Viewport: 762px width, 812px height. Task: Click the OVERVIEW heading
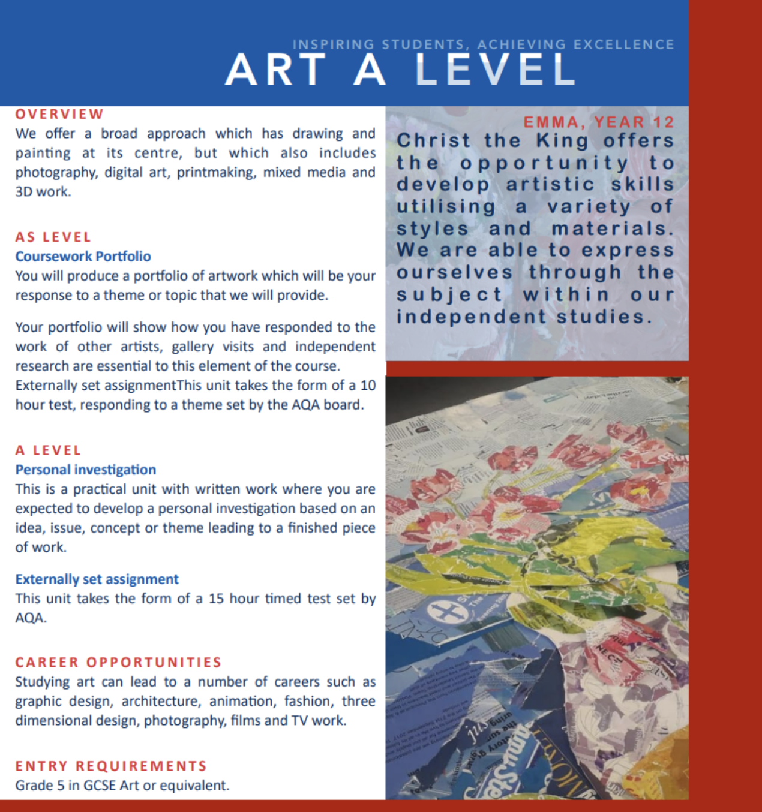click(59, 114)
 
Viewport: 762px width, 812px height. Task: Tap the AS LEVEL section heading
click(53, 237)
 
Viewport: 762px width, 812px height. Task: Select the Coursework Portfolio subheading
click(83, 256)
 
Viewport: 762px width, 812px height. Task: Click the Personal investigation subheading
click(85, 470)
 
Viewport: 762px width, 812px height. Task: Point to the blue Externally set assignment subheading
click(97, 579)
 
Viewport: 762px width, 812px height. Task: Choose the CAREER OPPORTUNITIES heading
click(118, 662)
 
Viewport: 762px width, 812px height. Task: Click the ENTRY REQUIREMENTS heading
click(111, 766)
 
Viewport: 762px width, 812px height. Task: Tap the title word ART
click(275, 70)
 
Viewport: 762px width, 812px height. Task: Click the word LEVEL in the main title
click(495, 70)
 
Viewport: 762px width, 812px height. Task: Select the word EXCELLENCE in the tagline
click(624, 44)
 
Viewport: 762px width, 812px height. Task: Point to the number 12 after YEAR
click(664, 122)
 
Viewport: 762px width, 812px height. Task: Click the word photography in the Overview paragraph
click(56, 173)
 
